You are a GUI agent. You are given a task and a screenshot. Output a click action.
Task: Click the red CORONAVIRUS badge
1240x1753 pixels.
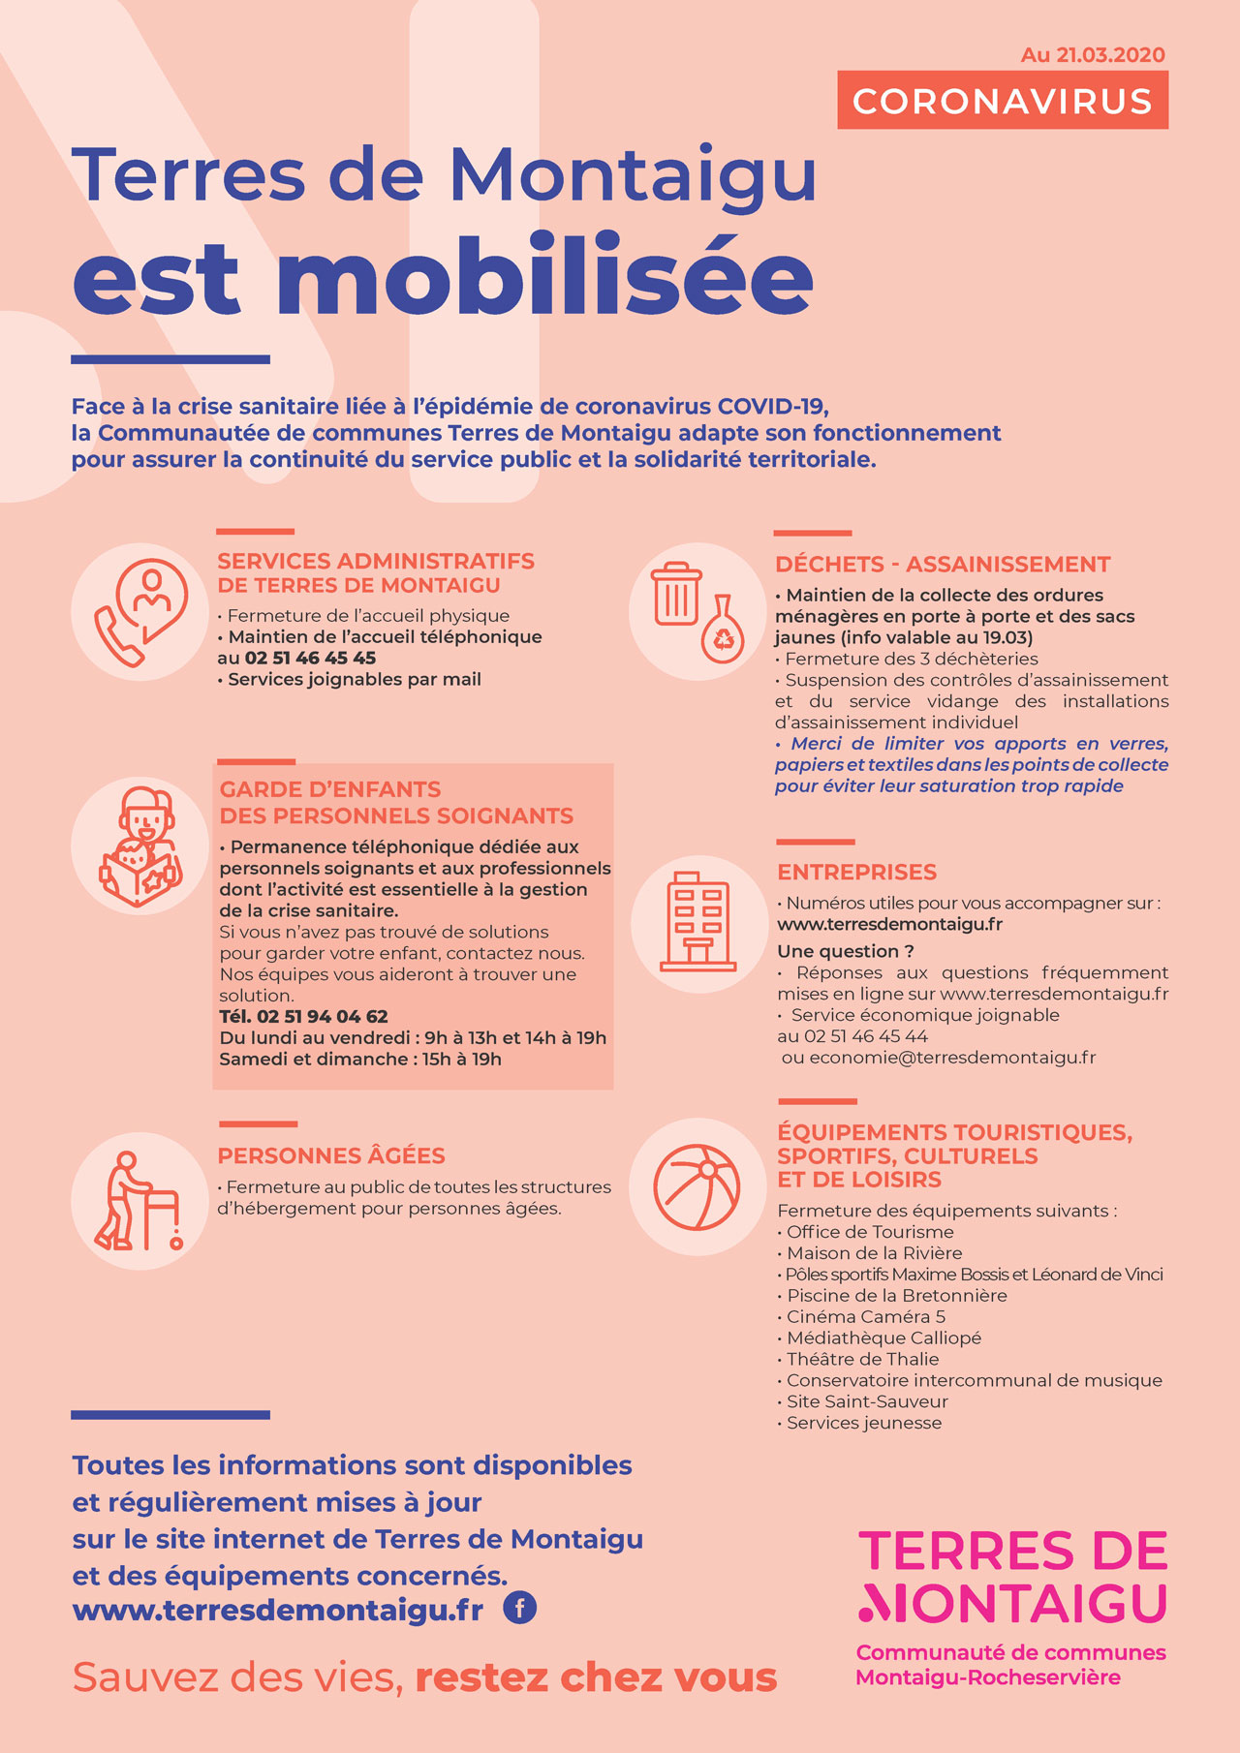[x=1003, y=101]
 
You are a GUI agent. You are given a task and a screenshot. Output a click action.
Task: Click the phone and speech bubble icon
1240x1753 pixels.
[x=139, y=612]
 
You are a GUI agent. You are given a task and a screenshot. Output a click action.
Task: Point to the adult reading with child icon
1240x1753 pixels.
[x=139, y=846]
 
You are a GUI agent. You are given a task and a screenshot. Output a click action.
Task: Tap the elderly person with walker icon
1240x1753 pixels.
[x=139, y=1201]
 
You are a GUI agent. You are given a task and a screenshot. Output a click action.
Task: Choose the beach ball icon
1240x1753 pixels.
[x=697, y=1187]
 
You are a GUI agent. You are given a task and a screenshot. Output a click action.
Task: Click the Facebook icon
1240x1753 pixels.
[x=520, y=1609]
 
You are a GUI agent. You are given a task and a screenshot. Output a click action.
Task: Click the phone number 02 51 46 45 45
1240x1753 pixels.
[x=310, y=659]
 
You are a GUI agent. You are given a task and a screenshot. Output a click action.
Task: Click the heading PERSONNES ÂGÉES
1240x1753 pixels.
[x=331, y=1155]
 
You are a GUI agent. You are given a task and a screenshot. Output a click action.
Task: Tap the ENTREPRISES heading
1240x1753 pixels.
[x=857, y=873]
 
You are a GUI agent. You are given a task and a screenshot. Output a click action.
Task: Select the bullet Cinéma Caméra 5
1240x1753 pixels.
[x=866, y=1317]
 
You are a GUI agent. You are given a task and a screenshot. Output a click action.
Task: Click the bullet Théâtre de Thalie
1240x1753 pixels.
[x=862, y=1360]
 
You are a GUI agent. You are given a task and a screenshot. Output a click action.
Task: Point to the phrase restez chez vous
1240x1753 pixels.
[x=596, y=1677]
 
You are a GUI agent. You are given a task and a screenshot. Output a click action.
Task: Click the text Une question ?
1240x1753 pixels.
[x=846, y=951]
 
